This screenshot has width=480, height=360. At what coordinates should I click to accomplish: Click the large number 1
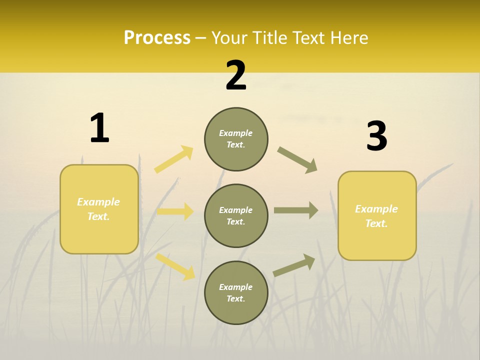tap(99, 128)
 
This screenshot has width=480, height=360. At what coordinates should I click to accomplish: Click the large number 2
tap(236, 76)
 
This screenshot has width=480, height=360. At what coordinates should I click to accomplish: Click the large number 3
tap(377, 136)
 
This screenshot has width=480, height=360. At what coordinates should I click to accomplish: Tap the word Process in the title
tap(157, 37)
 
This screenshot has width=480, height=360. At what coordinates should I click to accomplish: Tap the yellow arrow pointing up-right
tap(174, 159)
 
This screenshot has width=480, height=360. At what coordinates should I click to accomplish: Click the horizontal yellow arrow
tap(175, 211)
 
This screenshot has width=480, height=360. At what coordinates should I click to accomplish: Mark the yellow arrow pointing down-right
tap(175, 266)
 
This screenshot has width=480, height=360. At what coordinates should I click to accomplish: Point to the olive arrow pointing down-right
tap(297, 160)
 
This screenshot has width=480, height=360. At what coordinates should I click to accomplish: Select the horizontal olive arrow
tap(296, 210)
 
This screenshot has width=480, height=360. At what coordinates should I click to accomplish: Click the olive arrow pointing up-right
tap(294, 265)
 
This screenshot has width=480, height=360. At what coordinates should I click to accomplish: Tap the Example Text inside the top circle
tap(236, 139)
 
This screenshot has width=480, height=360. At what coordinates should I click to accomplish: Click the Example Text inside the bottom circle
tap(236, 293)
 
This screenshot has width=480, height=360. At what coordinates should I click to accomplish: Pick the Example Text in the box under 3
tap(376, 216)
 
